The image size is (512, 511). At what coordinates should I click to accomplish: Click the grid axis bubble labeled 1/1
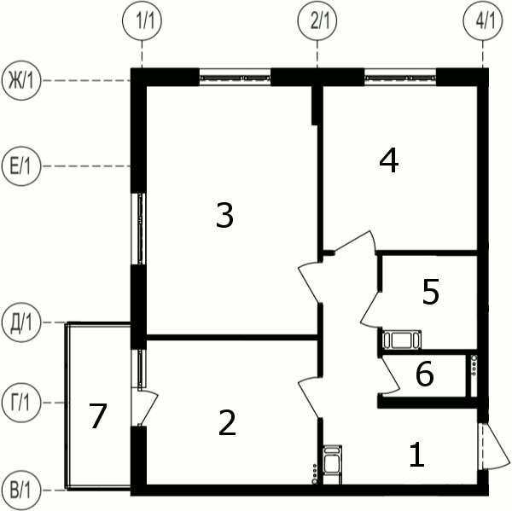pyautogui.click(x=142, y=20)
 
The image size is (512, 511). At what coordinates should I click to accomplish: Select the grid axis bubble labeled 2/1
pyautogui.click(x=317, y=20)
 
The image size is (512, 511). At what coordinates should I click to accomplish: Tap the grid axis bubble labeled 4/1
pyautogui.click(x=483, y=20)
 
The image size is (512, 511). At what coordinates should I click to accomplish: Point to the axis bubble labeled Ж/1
pyautogui.click(x=21, y=80)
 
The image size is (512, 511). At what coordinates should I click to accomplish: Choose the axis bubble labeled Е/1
pyautogui.click(x=21, y=166)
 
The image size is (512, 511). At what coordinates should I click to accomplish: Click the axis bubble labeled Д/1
pyautogui.click(x=21, y=322)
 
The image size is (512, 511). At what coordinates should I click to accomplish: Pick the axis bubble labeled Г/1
pyautogui.click(x=21, y=403)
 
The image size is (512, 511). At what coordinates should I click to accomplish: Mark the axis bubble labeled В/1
pyautogui.click(x=21, y=491)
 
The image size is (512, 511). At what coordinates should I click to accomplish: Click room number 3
pyautogui.click(x=224, y=215)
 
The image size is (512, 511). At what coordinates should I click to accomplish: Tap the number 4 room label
pyautogui.click(x=389, y=160)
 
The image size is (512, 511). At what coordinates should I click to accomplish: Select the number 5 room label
pyautogui.click(x=431, y=292)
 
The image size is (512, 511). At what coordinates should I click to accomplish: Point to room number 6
pyautogui.click(x=425, y=374)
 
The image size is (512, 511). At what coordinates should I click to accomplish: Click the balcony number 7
pyautogui.click(x=98, y=416)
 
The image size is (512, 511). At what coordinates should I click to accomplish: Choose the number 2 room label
pyautogui.click(x=227, y=422)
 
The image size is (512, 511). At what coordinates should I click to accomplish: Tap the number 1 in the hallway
pyautogui.click(x=417, y=454)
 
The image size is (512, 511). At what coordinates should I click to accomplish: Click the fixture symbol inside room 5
pyautogui.click(x=402, y=340)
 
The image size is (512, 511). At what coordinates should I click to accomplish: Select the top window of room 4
pyautogui.click(x=400, y=78)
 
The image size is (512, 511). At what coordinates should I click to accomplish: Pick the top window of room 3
pyautogui.click(x=236, y=78)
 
